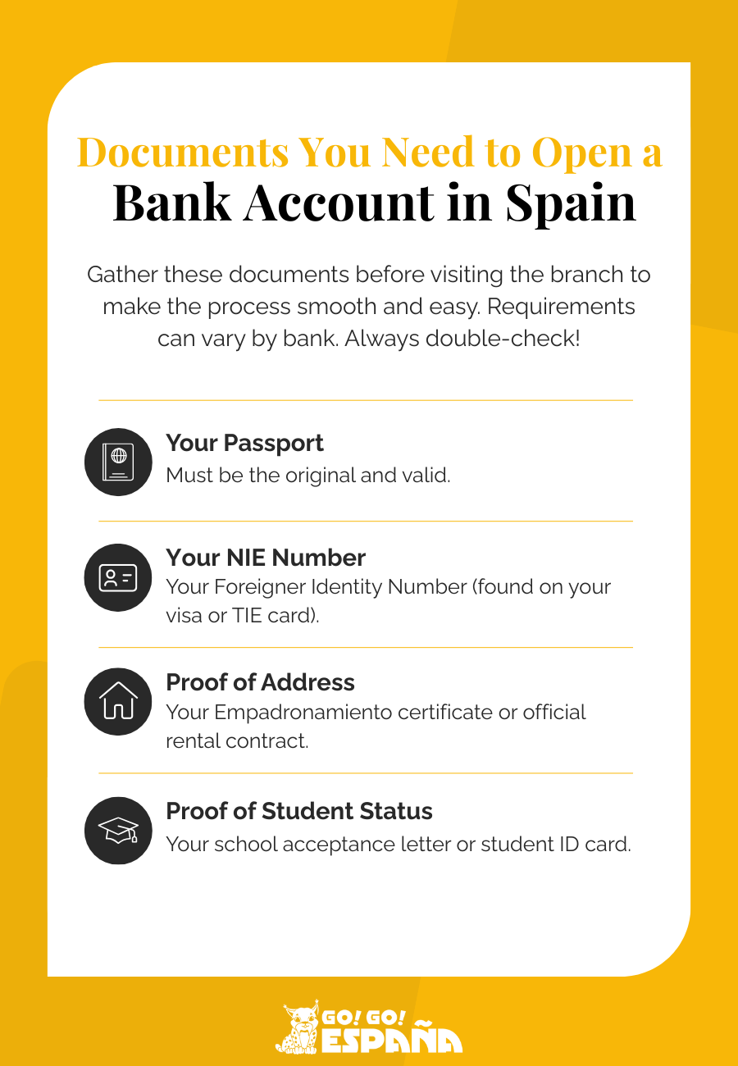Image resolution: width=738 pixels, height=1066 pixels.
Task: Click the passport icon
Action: click(x=118, y=462)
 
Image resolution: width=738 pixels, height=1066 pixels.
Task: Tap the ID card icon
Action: click(x=118, y=577)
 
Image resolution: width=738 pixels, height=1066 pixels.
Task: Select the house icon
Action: click(x=118, y=701)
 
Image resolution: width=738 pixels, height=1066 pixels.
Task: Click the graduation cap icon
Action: click(x=118, y=831)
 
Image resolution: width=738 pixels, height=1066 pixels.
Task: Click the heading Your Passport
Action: click(x=244, y=443)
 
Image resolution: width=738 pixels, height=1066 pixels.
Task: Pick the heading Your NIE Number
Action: click(x=266, y=558)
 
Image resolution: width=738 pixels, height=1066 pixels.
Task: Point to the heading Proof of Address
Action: click(x=260, y=682)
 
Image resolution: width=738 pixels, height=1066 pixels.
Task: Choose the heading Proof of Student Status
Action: click(x=299, y=811)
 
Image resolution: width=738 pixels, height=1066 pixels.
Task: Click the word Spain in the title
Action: click(x=571, y=202)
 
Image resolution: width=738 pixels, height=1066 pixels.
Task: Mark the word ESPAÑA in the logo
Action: click(x=391, y=1040)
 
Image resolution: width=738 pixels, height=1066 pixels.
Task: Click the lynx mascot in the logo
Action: click(x=298, y=1027)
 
